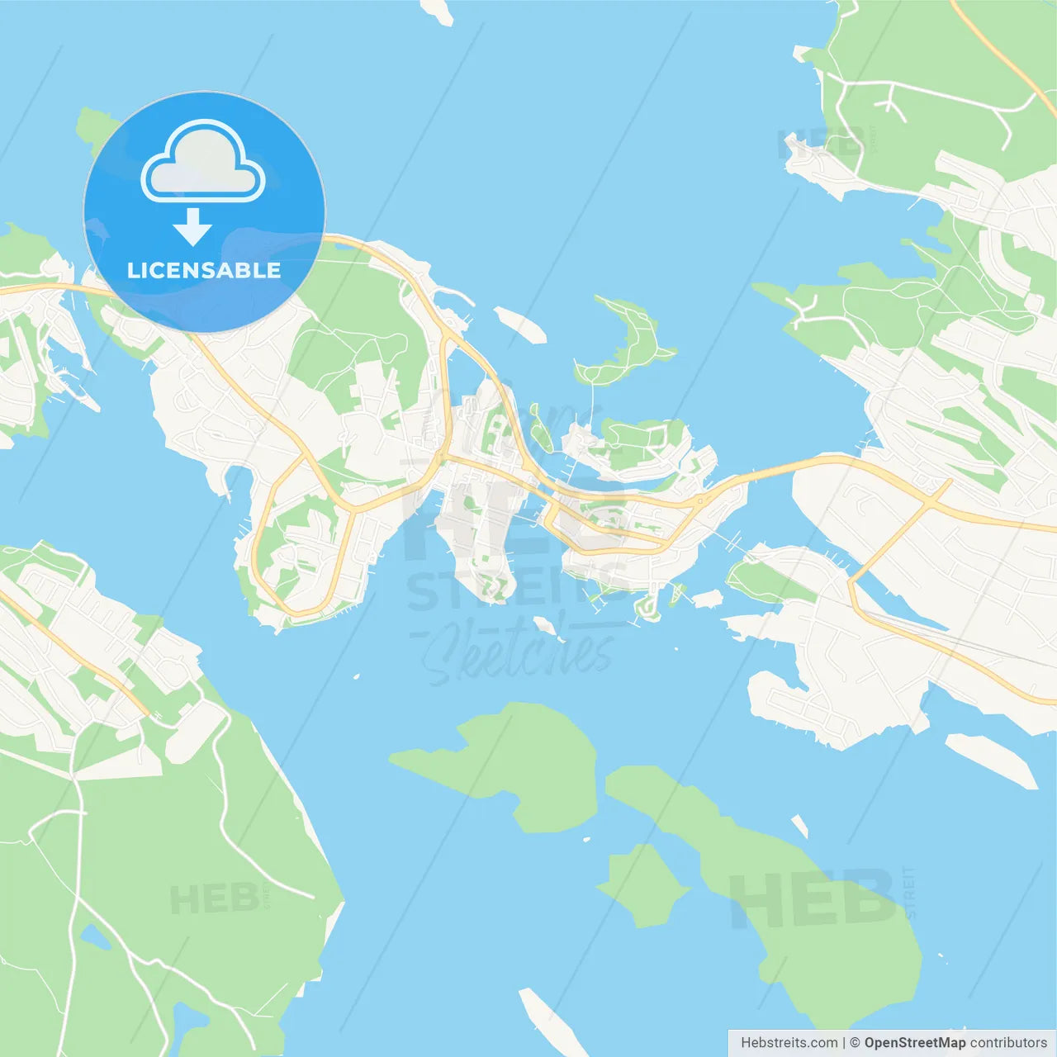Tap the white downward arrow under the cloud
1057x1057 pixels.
(192, 227)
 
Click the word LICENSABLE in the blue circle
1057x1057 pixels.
(204, 270)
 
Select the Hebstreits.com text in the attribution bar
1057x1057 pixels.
(789, 1043)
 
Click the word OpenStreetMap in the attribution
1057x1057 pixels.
(914, 1043)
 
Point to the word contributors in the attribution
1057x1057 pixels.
(1008, 1043)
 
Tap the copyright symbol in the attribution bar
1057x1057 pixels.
(855, 1043)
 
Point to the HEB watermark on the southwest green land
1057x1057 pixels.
(214, 898)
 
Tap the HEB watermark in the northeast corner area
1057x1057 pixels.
(821, 144)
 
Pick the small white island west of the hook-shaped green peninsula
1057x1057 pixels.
(520, 324)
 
